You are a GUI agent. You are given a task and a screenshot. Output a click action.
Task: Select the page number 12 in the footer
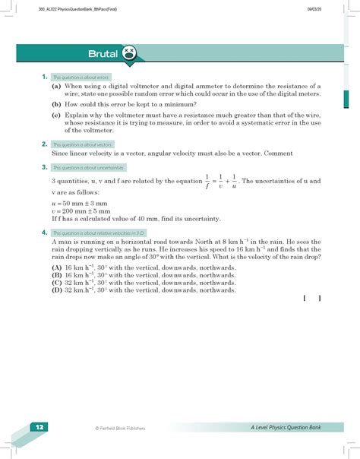[x=37, y=428]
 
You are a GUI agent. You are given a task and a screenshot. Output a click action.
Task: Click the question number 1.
[x=45, y=77]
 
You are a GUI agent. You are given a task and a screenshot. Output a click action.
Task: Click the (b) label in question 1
[x=57, y=101]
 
